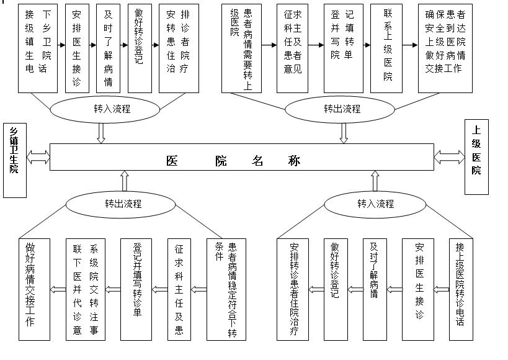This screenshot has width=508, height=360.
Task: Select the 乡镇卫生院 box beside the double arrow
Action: point(14,160)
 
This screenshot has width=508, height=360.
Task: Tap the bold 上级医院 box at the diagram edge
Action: point(476,157)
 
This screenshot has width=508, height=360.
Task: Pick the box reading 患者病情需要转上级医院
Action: point(241,48)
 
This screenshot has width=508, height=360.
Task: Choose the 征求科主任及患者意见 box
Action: point(292,48)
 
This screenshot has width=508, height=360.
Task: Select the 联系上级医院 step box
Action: point(387,48)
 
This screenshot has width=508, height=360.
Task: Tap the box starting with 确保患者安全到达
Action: point(445,48)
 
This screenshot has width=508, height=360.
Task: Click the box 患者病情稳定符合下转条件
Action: point(221,289)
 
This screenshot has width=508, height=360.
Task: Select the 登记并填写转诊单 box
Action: point(136,289)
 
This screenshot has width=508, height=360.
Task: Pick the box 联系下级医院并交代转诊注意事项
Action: point(86,289)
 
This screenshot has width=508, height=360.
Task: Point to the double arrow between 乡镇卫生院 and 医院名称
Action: point(38,157)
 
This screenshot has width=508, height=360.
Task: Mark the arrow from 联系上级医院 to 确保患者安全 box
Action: point(410,45)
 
